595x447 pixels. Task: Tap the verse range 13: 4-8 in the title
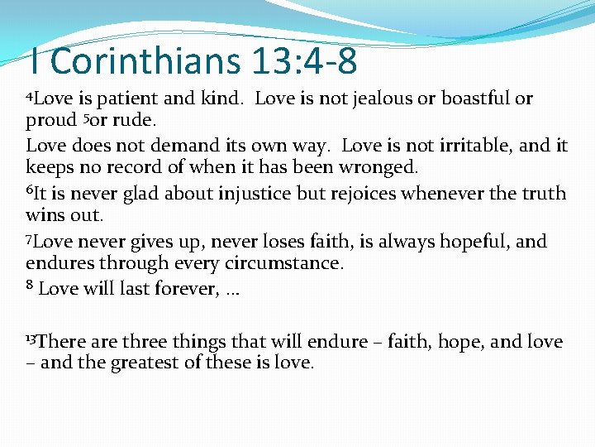coord(299,60)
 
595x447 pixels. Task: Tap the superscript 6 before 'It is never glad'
coord(30,190)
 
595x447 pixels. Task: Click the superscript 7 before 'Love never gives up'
coord(30,238)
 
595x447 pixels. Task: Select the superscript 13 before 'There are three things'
coord(31,338)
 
